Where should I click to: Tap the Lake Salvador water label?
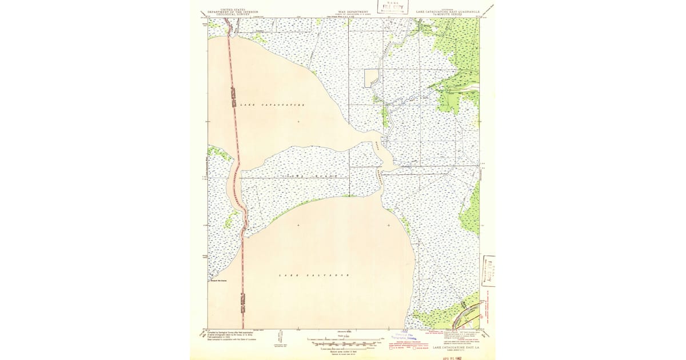(x=313, y=275)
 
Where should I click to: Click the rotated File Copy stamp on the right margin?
(x=489, y=270)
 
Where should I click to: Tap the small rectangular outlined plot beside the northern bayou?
(x=372, y=78)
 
